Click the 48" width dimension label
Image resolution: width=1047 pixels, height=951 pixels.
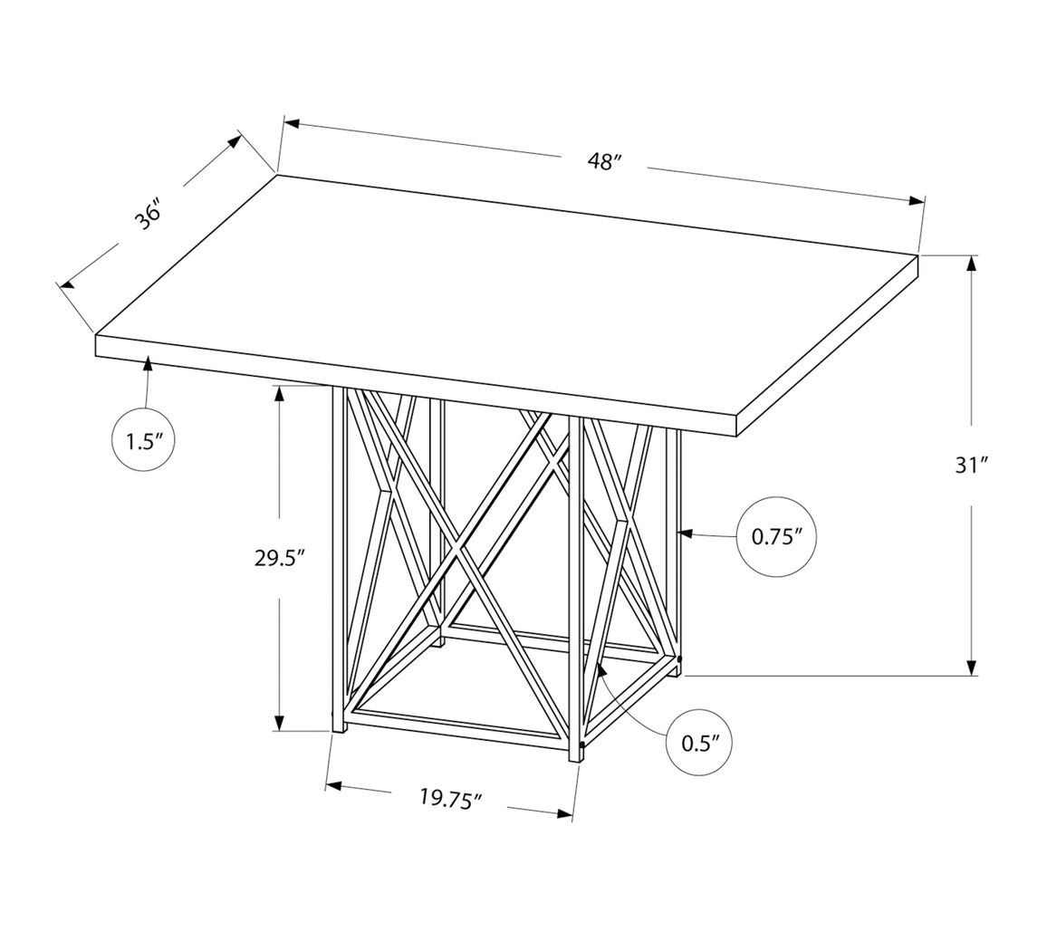click(605, 162)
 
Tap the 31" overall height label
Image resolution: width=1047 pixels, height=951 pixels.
click(971, 466)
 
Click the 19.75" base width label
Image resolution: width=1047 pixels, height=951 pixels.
click(450, 799)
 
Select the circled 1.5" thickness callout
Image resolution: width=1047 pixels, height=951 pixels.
click(143, 441)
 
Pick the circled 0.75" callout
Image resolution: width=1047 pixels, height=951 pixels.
click(777, 537)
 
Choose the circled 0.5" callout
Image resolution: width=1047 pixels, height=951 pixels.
click(698, 744)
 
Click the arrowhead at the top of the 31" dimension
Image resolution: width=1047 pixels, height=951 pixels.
click(972, 264)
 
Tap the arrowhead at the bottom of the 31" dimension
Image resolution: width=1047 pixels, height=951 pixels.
click(972, 668)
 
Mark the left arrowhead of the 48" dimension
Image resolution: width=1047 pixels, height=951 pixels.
click(292, 124)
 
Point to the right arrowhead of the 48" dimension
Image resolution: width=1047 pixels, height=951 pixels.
click(917, 201)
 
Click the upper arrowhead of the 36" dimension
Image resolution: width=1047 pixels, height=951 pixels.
click(235, 141)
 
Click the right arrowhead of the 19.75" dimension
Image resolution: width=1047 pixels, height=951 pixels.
click(565, 813)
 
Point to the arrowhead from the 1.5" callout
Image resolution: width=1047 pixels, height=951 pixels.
click(147, 364)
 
